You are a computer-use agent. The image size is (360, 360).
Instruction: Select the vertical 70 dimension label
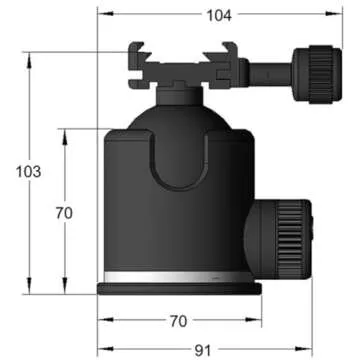[63, 213]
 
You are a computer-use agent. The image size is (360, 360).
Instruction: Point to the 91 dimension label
[203, 349]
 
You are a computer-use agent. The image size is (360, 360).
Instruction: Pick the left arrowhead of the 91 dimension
[100, 349]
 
